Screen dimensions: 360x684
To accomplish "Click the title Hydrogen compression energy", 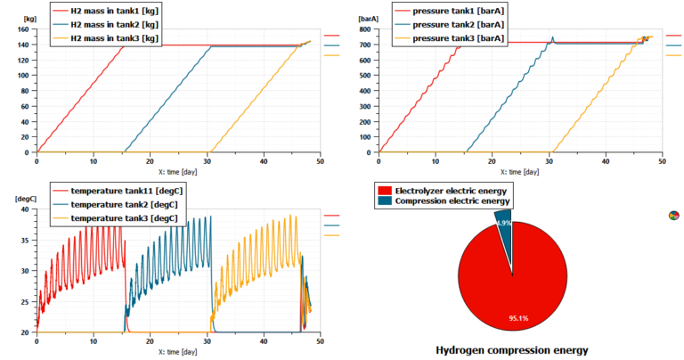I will (512, 349).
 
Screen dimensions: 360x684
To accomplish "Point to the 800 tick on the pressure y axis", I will (366, 29).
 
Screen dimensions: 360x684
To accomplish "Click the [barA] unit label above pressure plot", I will (368, 18).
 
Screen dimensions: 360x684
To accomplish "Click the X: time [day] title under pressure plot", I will (520, 171).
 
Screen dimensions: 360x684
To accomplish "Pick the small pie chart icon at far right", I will (673, 215).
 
